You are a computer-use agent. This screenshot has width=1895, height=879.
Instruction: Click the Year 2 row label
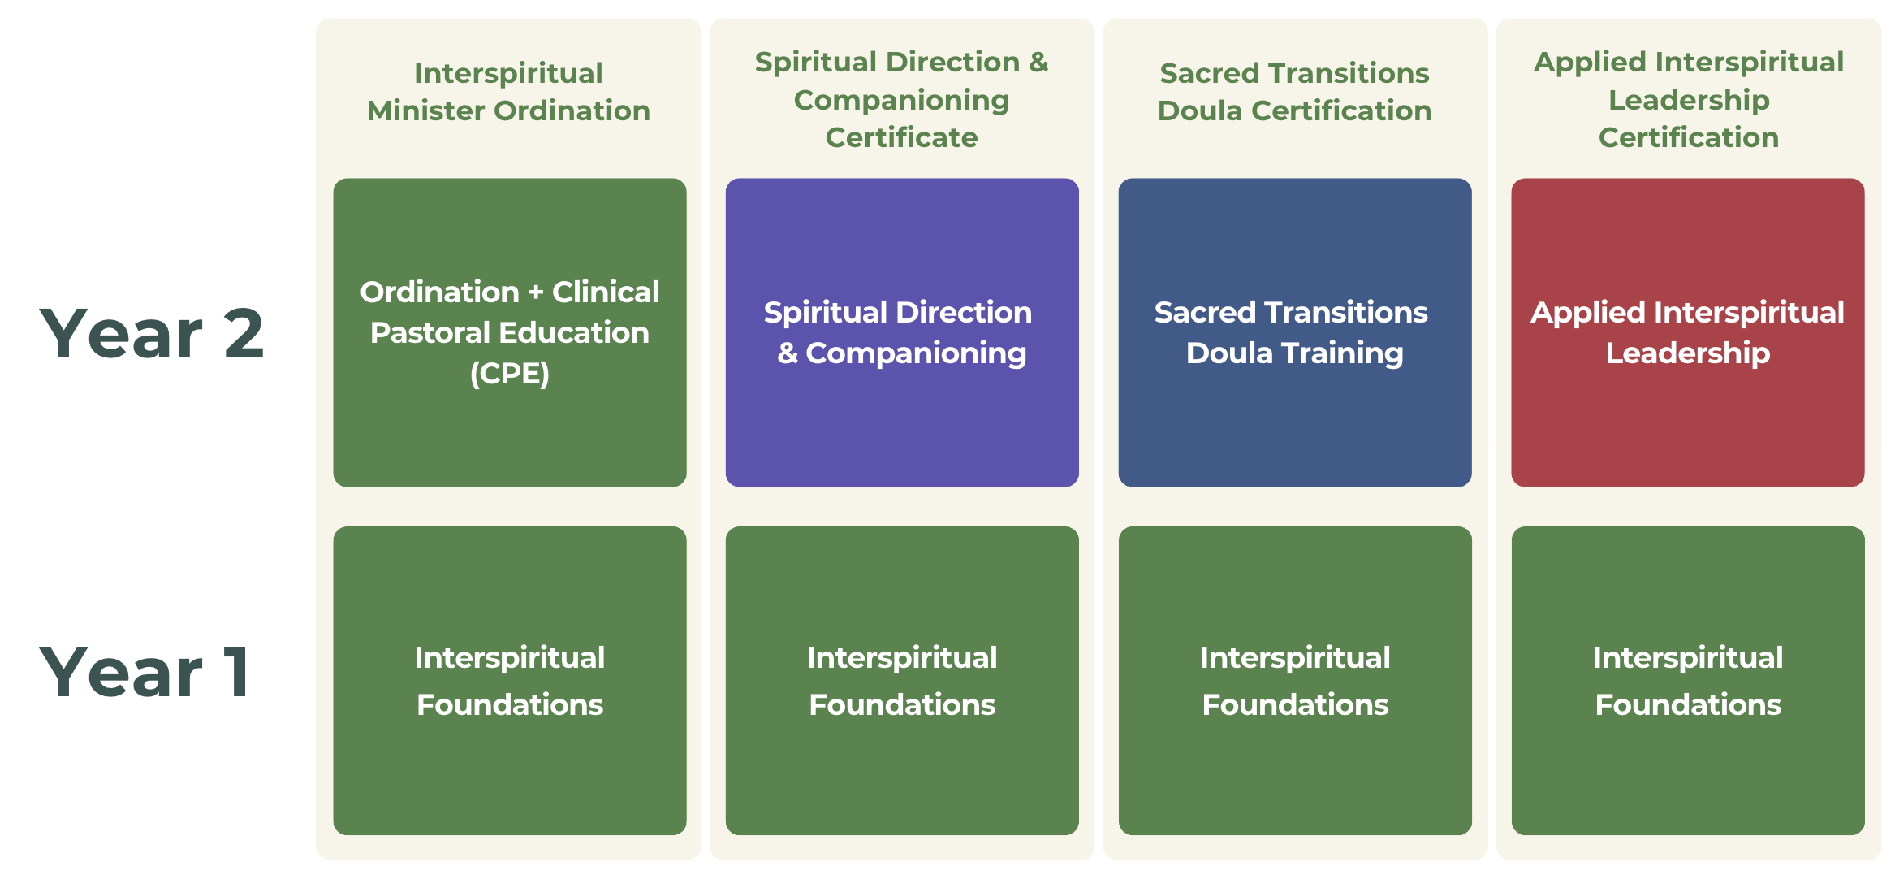pos(152,334)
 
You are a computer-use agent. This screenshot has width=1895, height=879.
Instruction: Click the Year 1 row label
pos(145,673)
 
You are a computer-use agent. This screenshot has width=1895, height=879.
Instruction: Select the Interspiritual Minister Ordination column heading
pos(508,92)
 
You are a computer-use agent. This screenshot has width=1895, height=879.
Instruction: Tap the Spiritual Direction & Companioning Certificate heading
pos(901,99)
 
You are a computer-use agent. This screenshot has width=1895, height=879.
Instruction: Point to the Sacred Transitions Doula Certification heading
pos(1294,92)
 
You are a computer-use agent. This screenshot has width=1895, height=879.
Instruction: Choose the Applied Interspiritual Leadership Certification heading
pos(1688,99)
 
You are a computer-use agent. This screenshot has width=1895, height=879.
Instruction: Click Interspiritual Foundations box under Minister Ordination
pos(509,681)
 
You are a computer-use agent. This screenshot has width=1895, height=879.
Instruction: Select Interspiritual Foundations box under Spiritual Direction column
pos(901,681)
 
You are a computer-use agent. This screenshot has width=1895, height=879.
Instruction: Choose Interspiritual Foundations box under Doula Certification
pos(1294,681)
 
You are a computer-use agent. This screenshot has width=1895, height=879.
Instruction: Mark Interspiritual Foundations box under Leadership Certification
pos(1687,681)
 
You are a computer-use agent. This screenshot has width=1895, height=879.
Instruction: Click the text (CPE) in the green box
pos(509,374)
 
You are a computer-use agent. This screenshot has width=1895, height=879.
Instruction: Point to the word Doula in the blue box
pos(1228,353)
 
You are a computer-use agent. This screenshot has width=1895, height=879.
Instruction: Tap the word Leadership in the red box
pos(1687,353)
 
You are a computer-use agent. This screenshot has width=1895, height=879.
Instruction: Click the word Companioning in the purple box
pos(916,353)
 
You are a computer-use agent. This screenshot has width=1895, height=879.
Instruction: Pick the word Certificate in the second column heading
pos(901,137)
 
